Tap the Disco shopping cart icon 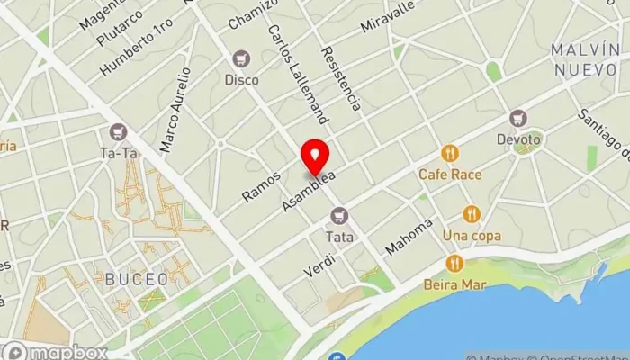tap(241, 59)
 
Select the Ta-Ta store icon tap(118, 132)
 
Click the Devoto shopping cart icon tap(517, 118)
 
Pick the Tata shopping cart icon tap(339, 215)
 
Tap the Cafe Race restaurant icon tap(450, 154)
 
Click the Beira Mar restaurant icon tap(454, 264)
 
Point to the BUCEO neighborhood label tap(136, 279)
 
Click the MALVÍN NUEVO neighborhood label tap(585, 59)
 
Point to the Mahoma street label tap(409, 236)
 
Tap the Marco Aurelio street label tap(175, 109)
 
